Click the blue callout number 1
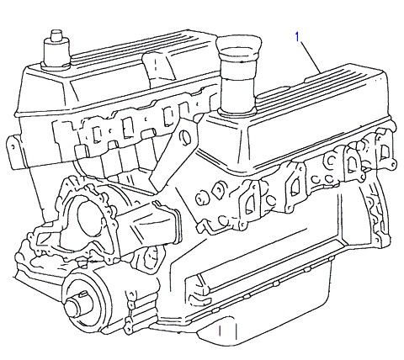[x=298, y=36]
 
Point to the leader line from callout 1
[x=311, y=57]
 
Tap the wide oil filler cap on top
[x=239, y=45]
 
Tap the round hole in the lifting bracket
[x=185, y=138]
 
